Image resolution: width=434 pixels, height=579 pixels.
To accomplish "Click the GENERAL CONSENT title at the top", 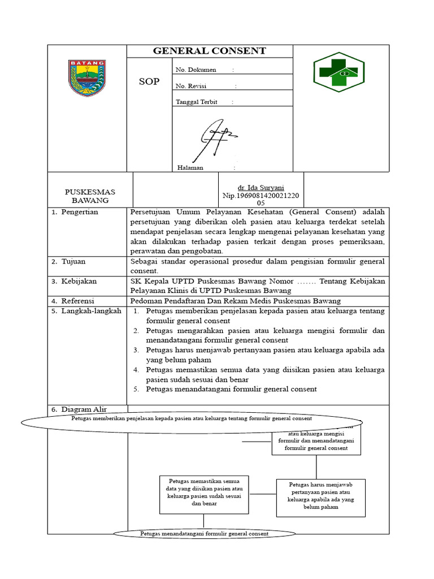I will tap(209, 51).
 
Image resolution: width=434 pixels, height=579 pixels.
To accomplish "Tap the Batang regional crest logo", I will tap(87, 78).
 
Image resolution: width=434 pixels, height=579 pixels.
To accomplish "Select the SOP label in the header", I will tap(149, 81).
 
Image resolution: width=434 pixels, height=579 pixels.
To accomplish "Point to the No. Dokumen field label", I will tap(196, 70).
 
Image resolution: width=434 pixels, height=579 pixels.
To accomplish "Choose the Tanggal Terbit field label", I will tap(196, 102).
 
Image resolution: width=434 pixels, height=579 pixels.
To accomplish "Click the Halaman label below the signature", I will tap(190, 168).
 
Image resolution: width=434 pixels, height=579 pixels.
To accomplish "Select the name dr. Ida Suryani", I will tap(261, 187).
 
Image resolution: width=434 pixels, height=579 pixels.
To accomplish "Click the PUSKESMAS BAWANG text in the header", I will tap(90, 196).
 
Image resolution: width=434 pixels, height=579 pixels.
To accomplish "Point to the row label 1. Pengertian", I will tap(79, 212).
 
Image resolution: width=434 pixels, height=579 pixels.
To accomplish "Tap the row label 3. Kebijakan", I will tap(79, 281).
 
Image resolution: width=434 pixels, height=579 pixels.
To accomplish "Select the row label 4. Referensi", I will tap(77, 300).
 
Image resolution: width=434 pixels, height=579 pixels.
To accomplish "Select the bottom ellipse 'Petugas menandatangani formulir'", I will tap(204, 534).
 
